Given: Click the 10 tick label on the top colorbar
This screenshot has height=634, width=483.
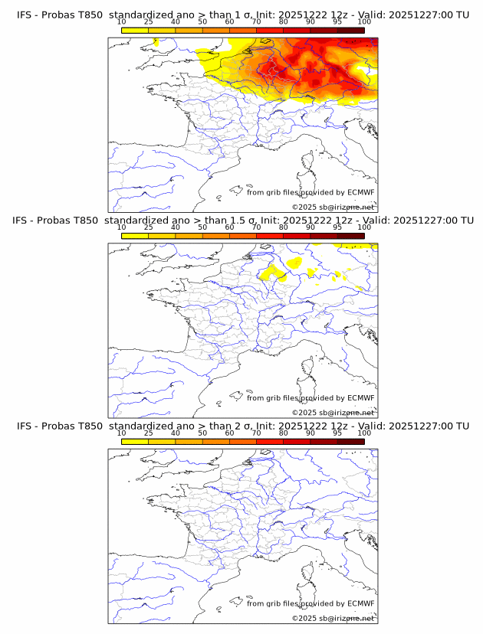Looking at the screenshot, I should (122, 21).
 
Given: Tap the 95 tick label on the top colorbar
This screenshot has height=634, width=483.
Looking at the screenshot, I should (337, 21).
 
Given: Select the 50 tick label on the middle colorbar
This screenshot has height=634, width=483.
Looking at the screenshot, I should (202, 227).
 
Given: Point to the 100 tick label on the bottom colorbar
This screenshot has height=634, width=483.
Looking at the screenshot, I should (364, 433).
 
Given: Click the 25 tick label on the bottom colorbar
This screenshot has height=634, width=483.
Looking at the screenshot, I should (149, 433).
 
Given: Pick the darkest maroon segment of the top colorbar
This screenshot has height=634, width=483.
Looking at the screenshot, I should (350, 30).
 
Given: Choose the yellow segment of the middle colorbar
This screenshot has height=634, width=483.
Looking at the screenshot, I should (135, 236).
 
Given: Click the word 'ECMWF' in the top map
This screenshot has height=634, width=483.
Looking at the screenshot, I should (360, 192).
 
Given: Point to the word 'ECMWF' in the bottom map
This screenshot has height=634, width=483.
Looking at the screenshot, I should (360, 604).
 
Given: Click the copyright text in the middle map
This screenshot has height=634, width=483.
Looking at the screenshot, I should (333, 413).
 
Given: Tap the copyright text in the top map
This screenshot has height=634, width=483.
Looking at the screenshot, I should (333, 208).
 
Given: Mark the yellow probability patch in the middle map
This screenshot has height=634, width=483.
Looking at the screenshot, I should (273, 273).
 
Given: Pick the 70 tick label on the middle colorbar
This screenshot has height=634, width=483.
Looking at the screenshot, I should (256, 227).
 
